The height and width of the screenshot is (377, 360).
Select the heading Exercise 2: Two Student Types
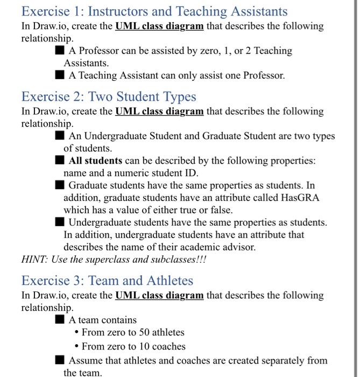coord(109,97)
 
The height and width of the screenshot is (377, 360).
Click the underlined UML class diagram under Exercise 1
coord(159,26)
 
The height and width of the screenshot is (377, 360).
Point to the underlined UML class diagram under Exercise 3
coord(159,296)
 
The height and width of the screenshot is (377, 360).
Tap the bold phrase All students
coord(96,161)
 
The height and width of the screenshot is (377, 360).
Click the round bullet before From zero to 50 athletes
coord(77,333)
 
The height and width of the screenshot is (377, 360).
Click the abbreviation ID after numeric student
coord(192,173)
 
